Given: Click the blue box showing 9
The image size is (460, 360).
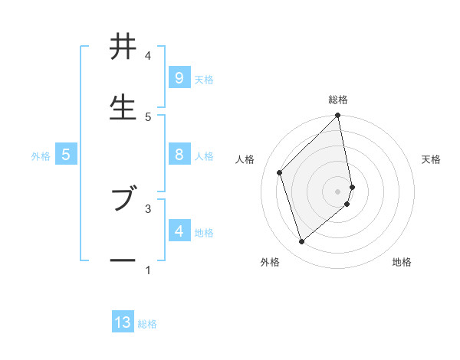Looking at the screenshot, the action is click(179, 77).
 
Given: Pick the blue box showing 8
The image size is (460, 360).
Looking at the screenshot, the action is click(179, 154).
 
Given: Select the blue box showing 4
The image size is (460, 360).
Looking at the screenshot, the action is click(179, 231).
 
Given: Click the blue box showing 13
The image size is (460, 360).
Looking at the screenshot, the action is click(123, 322).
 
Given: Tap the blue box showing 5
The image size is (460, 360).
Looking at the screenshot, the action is click(66, 155).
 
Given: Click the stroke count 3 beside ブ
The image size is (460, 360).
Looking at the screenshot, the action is click(148, 208).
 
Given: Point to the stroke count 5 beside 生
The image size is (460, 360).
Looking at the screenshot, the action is click(148, 116).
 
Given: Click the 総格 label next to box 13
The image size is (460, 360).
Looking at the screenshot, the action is click(147, 324).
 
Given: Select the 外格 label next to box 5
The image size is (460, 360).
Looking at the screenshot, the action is click(41, 155).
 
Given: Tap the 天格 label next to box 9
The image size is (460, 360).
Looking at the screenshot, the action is click(204, 79).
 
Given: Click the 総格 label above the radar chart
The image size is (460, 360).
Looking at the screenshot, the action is click(338, 100).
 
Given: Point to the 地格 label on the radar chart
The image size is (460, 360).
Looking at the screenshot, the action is click(402, 262).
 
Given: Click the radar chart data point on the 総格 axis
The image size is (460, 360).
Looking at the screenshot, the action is click(338, 116).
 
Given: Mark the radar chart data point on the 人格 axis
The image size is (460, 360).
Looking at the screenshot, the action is click(280, 172).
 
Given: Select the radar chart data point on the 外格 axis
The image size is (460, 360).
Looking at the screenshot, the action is click(301, 242).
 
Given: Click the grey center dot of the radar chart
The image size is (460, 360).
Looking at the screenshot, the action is click(338, 191).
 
